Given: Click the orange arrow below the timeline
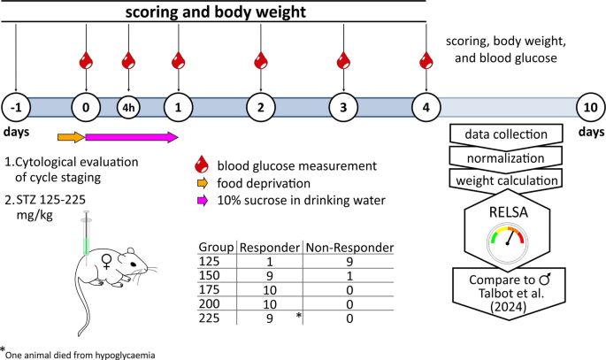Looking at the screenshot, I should pyautogui.click(x=71, y=137).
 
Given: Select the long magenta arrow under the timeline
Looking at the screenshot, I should pyautogui.click(x=132, y=137).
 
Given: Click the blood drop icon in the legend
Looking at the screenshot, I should pyautogui.click(x=203, y=166).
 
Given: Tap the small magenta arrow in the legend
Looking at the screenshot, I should pyautogui.click(x=203, y=201).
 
